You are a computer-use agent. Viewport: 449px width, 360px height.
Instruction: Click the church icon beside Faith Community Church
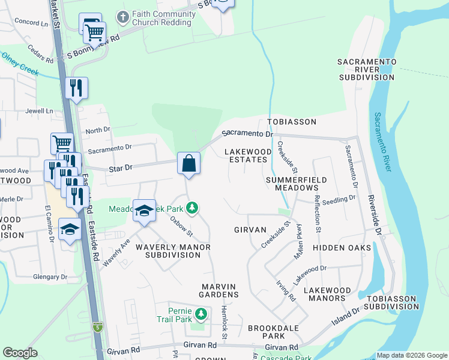point(122,17)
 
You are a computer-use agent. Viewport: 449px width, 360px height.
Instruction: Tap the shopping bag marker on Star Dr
point(188,163)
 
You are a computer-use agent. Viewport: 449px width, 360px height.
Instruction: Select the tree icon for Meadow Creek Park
point(192,208)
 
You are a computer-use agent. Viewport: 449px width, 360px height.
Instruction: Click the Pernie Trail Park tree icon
point(202,314)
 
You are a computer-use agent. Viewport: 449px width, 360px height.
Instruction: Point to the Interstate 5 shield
point(98,327)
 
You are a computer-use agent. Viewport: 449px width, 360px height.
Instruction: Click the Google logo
point(20,353)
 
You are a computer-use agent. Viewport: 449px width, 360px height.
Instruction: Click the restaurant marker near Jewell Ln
point(76,88)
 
